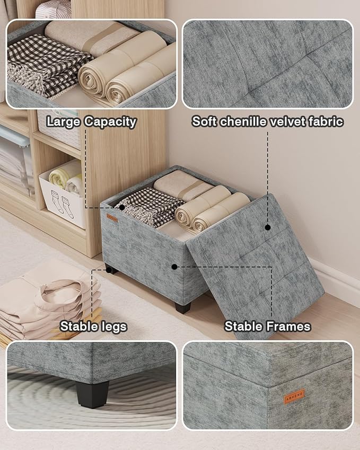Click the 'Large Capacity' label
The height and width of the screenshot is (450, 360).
(x=91, y=121)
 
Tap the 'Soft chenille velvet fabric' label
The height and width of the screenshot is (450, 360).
(x=267, y=121)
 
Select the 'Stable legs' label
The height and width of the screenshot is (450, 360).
(x=93, y=326)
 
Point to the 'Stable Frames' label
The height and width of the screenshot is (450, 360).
(x=267, y=326)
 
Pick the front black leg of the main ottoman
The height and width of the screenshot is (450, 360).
(x=183, y=307)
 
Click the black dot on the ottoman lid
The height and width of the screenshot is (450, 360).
(x=268, y=227)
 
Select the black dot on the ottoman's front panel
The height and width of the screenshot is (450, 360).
(x=174, y=267)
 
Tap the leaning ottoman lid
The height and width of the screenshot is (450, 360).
(x=254, y=265)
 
